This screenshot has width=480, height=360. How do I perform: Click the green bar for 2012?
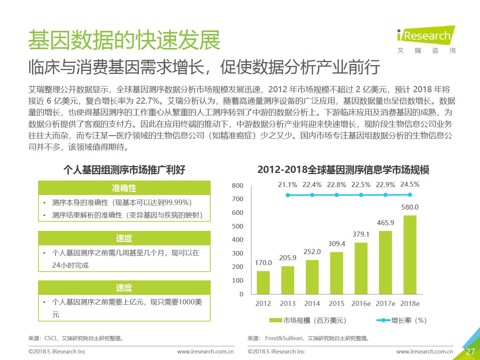tap(263, 282)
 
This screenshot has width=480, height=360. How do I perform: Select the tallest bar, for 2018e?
tap(410, 255)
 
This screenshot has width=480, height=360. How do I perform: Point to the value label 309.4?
tap(337, 243)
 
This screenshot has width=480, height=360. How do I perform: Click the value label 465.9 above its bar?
tap(386, 222)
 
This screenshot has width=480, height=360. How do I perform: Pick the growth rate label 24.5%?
tap(410, 184)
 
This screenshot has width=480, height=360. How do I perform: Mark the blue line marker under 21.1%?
tap(288, 195)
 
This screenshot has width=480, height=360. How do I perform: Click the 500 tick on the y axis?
tap(237, 226)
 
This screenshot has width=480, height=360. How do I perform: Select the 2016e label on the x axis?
tap(361, 304)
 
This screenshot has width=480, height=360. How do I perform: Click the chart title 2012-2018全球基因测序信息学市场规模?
tap(343, 170)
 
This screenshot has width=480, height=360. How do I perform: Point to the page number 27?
tap(470, 351)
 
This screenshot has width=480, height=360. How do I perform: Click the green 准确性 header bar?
tap(124, 188)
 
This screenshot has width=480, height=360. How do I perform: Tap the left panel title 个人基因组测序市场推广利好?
tap(124, 170)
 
